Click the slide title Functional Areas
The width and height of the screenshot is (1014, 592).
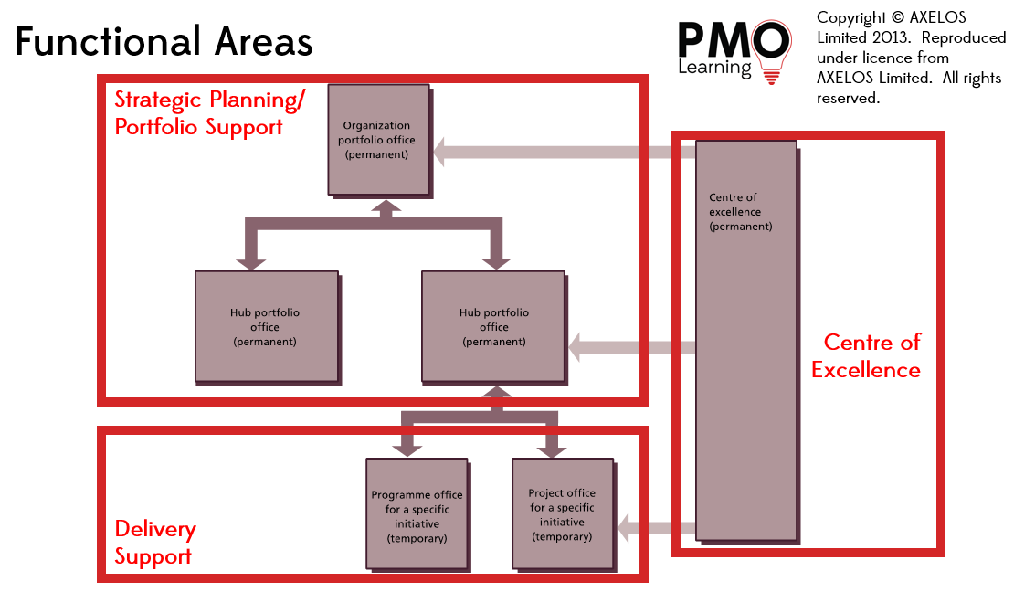pyautogui.click(x=164, y=42)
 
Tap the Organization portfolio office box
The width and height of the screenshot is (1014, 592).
pyautogui.click(x=377, y=139)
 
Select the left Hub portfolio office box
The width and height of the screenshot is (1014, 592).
pyautogui.click(x=265, y=326)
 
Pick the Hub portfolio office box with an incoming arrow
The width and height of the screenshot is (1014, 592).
pyautogui.click(x=493, y=326)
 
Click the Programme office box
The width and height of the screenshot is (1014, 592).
pyautogui.click(x=417, y=516)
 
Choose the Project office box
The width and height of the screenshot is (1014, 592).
pyautogui.click(x=562, y=515)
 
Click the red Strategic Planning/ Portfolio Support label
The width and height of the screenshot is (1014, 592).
pyautogui.click(x=210, y=112)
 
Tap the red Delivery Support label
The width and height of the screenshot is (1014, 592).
pyautogui.click(x=154, y=543)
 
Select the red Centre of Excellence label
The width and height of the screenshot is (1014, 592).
pyautogui.click(x=869, y=355)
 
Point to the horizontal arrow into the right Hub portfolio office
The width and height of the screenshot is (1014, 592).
pyautogui.click(x=630, y=347)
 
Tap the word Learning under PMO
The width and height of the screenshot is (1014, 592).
pyautogui.click(x=714, y=68)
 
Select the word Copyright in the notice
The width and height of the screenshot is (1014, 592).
pyautogui.click(x=851, y=17)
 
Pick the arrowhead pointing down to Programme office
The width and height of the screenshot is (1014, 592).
pyautogui.click(x=407, y=448)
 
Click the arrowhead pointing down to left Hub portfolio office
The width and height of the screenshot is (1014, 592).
pyautogui.click(x=250, y=262)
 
